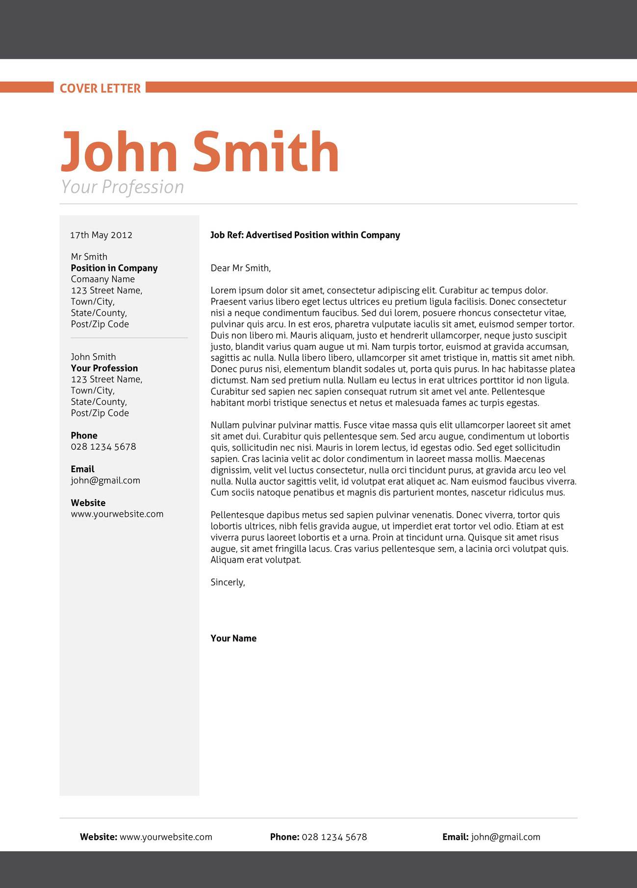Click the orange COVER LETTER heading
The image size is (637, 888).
pos(100,88)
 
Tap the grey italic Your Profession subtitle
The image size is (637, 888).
pos(122,187)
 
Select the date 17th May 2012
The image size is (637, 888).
pos(101,235)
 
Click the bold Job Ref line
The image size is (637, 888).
pos(305,235)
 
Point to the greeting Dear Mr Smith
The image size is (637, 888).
pos(240,268)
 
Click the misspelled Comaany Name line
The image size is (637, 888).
pos(102,279)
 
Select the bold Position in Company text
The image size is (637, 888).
pos(114,268)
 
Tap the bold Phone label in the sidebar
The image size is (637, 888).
pos(84,435)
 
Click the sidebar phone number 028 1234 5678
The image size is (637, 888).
pos(103,447)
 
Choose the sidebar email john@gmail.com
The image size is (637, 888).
pos(105,480)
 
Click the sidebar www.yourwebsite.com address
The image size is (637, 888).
pos(117,514)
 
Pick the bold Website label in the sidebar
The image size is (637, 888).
pos(88,503)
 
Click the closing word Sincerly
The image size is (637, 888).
pos(228,582)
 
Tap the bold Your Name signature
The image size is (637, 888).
pos(233,638)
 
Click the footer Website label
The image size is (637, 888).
pos(99,837)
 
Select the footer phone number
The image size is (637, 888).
pos(334,837)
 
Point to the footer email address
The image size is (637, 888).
pos(506,837)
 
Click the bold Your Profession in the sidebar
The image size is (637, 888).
pos(104,368)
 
